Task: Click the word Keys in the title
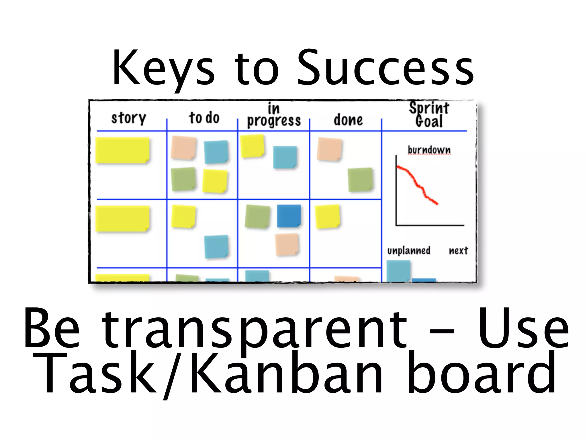tap(163, 69)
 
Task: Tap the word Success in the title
tap(386, 69)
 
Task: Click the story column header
tap(129, 118)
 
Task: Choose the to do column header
tap(204, 118)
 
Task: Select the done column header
tap(348, 120)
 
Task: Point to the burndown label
tap(429, 150)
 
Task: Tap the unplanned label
tap(409, 251)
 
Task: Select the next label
tap(458, 251)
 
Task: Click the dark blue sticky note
tap(289, 216)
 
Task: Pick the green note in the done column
tap(360, 180)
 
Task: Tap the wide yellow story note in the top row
tap(122, 150)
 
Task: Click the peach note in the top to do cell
tap(183, 148)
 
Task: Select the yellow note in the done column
tap(327, 216)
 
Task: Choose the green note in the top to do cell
tap(183, 179)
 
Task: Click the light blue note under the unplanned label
tap(398, 271)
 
